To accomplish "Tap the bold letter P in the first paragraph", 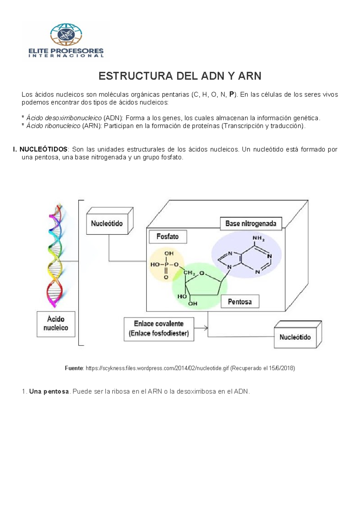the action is [x=231, y=95].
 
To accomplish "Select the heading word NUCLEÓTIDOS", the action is [x=43, y=149].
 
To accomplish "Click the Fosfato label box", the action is [x=168, y=237].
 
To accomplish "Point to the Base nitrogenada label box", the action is [x=251, y=224].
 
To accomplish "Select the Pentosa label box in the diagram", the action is [x=240, y=302].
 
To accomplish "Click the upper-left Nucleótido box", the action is [x=107, y=224].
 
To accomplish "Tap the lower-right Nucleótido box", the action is [x=295, y=337].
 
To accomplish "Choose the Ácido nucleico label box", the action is [x=56, y=324].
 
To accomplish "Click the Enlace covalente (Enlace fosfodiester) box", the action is [x=159, y=329].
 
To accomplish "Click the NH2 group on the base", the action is [x=258, y=239].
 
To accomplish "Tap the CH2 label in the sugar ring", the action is [x=190, y=273].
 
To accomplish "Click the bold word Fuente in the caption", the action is [x=74, y=368].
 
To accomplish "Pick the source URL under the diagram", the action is [x=157, y=368].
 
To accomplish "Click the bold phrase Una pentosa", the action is [x=49, y=392].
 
